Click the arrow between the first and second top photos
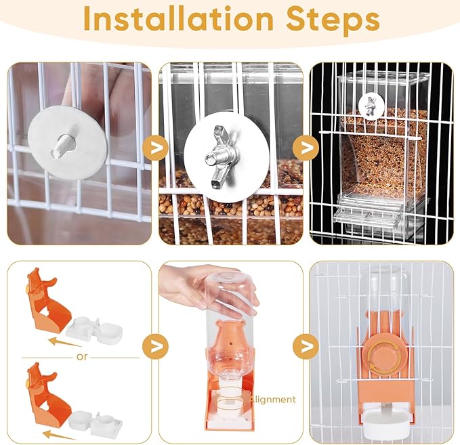tap(155, 148)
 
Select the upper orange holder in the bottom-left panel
tap(47, 301)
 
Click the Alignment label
tap(272, 400)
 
